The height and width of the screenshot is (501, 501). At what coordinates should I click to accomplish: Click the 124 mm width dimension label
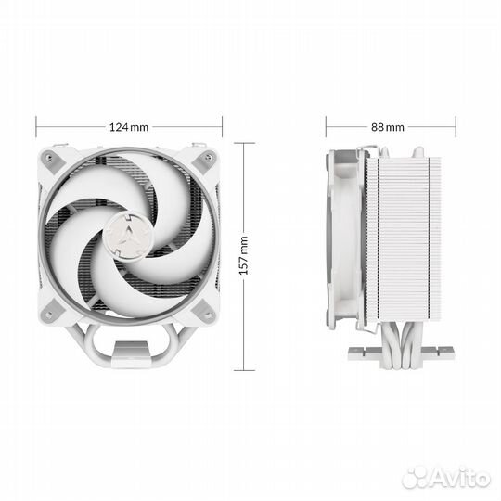pos(129,127)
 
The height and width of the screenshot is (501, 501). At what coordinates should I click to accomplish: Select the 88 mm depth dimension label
pos(388,127)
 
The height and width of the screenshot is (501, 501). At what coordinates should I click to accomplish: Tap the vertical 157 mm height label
pos(244,255)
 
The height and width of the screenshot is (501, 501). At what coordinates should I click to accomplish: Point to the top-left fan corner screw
pos(49,157)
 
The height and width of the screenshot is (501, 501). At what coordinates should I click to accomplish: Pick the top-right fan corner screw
pos(209,157)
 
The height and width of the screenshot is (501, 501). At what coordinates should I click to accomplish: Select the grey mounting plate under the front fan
pos(131,350)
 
